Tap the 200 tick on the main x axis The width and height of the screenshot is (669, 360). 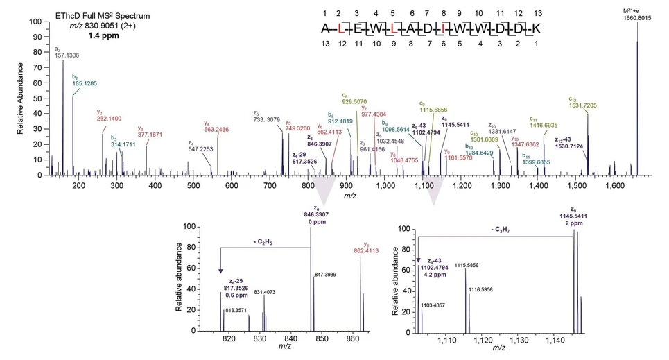click(x=78, y=186)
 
